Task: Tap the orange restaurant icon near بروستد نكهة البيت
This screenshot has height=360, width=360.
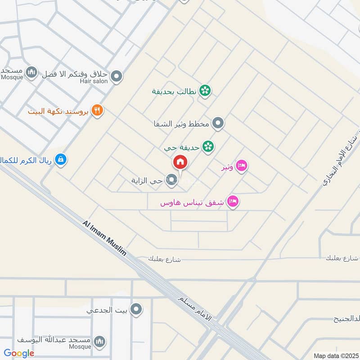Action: tap(97, 110)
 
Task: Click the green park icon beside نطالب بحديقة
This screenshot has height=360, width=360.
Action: tap(205, 90)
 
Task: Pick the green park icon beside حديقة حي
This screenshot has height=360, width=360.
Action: tap(207, 146)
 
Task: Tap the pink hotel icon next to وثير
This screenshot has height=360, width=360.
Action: tap(242, 166)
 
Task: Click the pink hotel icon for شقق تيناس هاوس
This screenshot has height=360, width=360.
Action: tap(233, 201)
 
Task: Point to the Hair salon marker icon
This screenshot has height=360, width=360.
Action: tap(117, 76)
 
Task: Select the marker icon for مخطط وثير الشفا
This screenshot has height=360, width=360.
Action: tap(218, 123)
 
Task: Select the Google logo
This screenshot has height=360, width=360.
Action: tap(19, 353)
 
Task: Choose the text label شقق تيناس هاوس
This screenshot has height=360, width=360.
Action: tap(193, 203)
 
